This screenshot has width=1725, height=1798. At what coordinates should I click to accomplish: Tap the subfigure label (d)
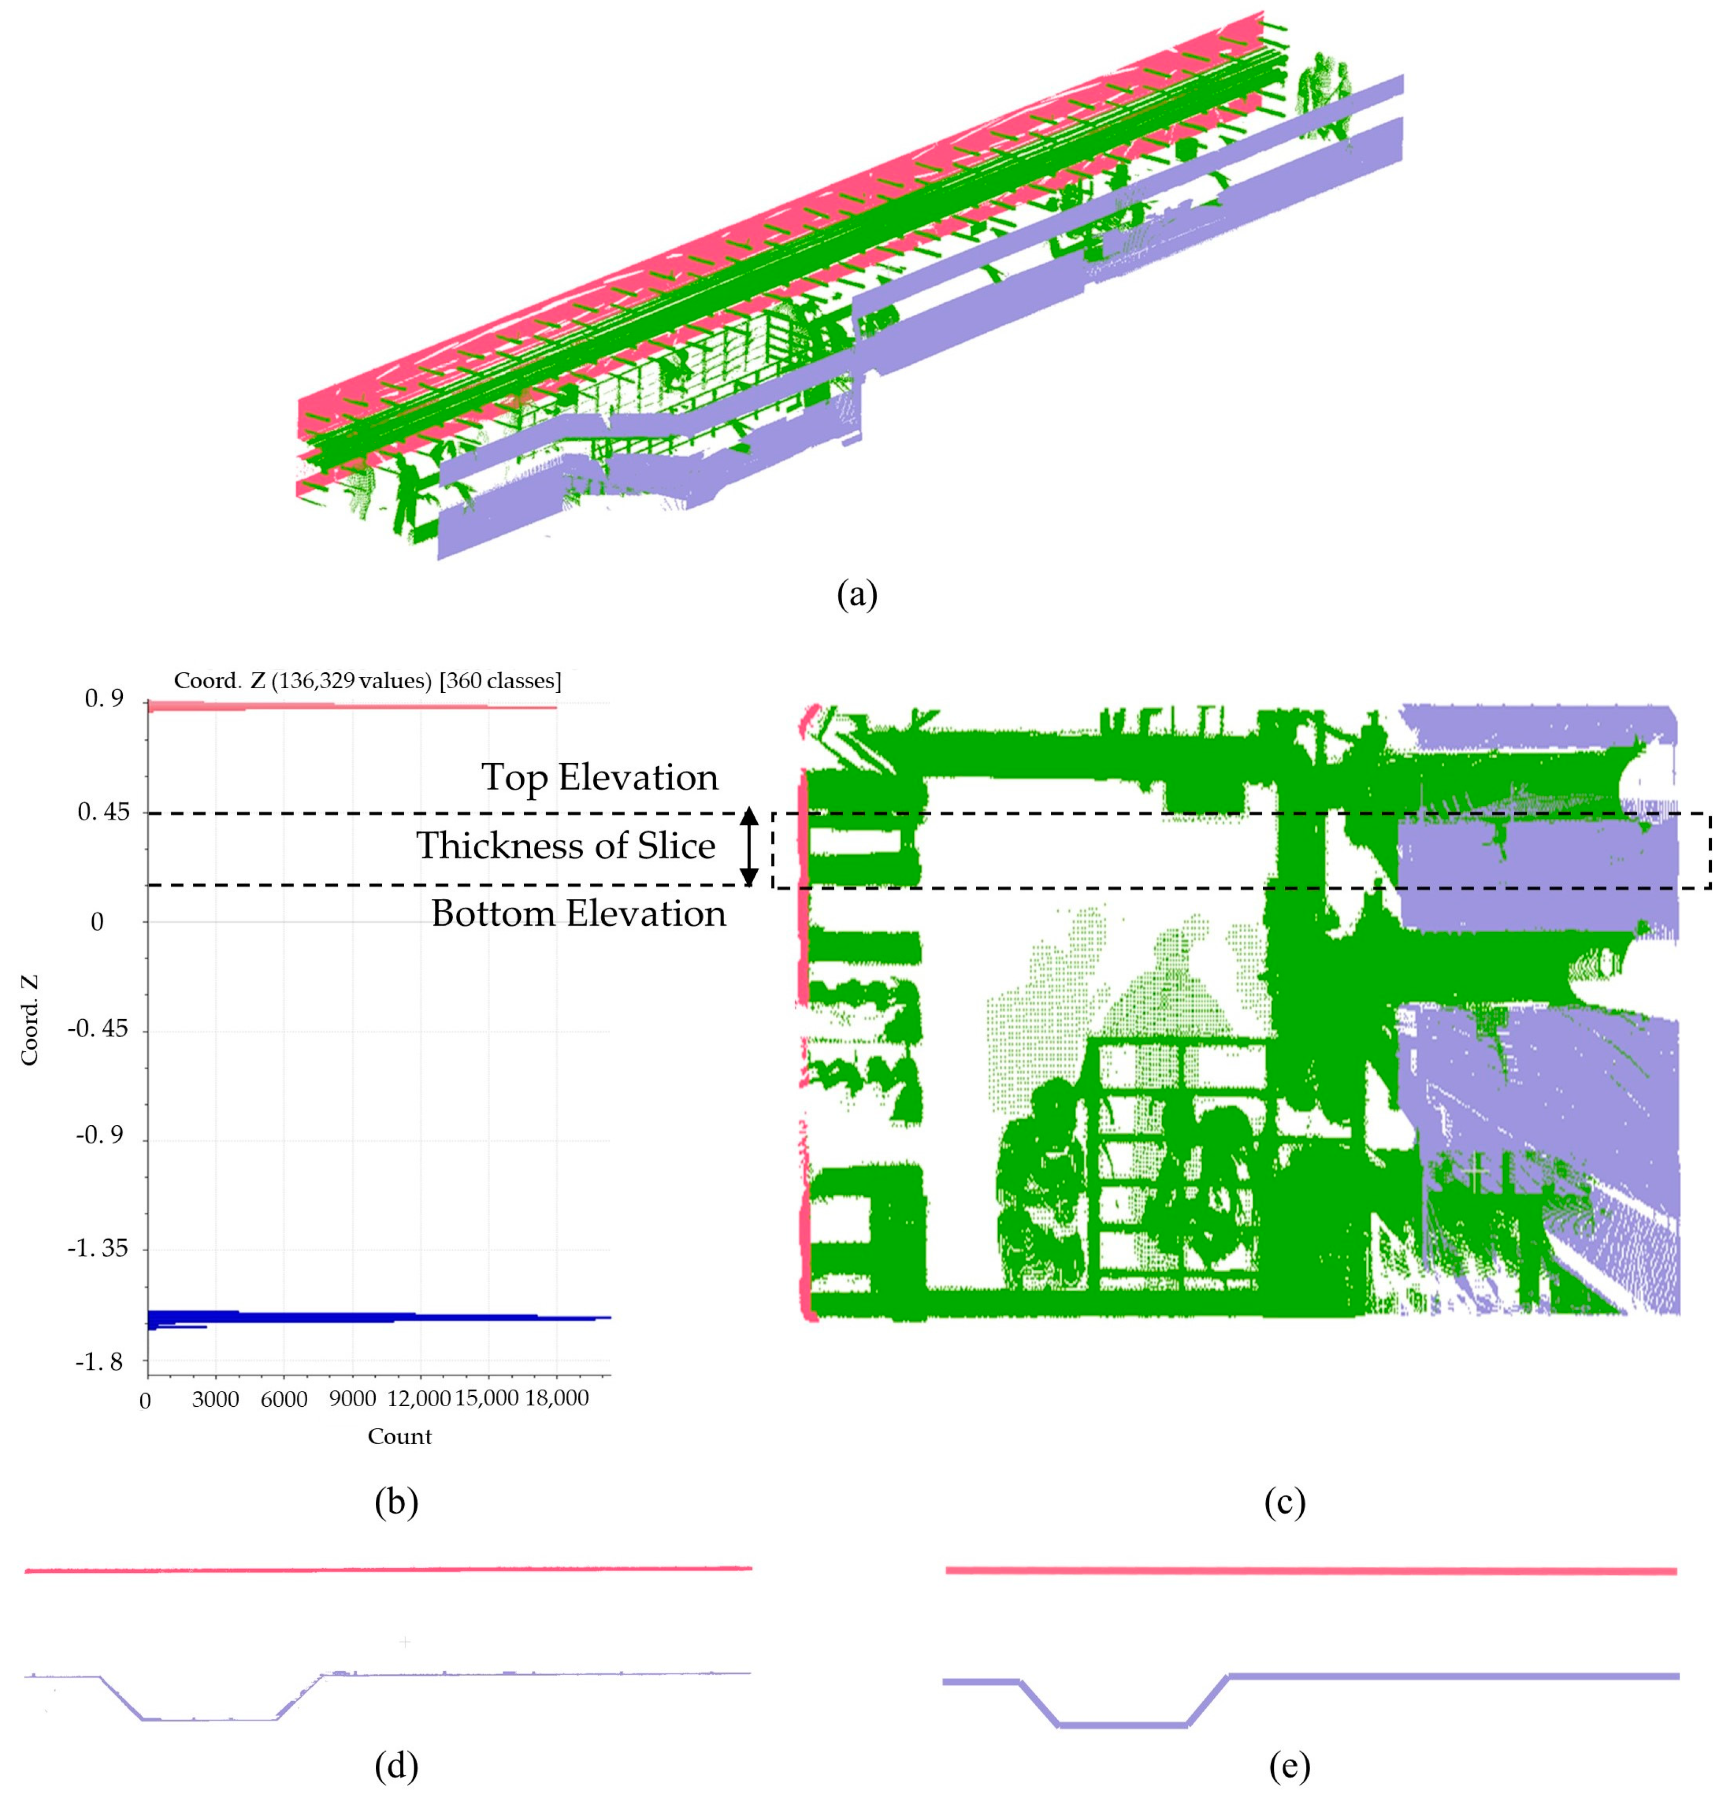(396, 1765)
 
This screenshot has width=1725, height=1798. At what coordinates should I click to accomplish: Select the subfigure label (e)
(1289, 1765)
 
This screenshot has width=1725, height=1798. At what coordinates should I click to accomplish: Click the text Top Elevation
(600, 777)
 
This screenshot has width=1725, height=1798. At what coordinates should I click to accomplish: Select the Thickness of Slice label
(566, 845)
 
